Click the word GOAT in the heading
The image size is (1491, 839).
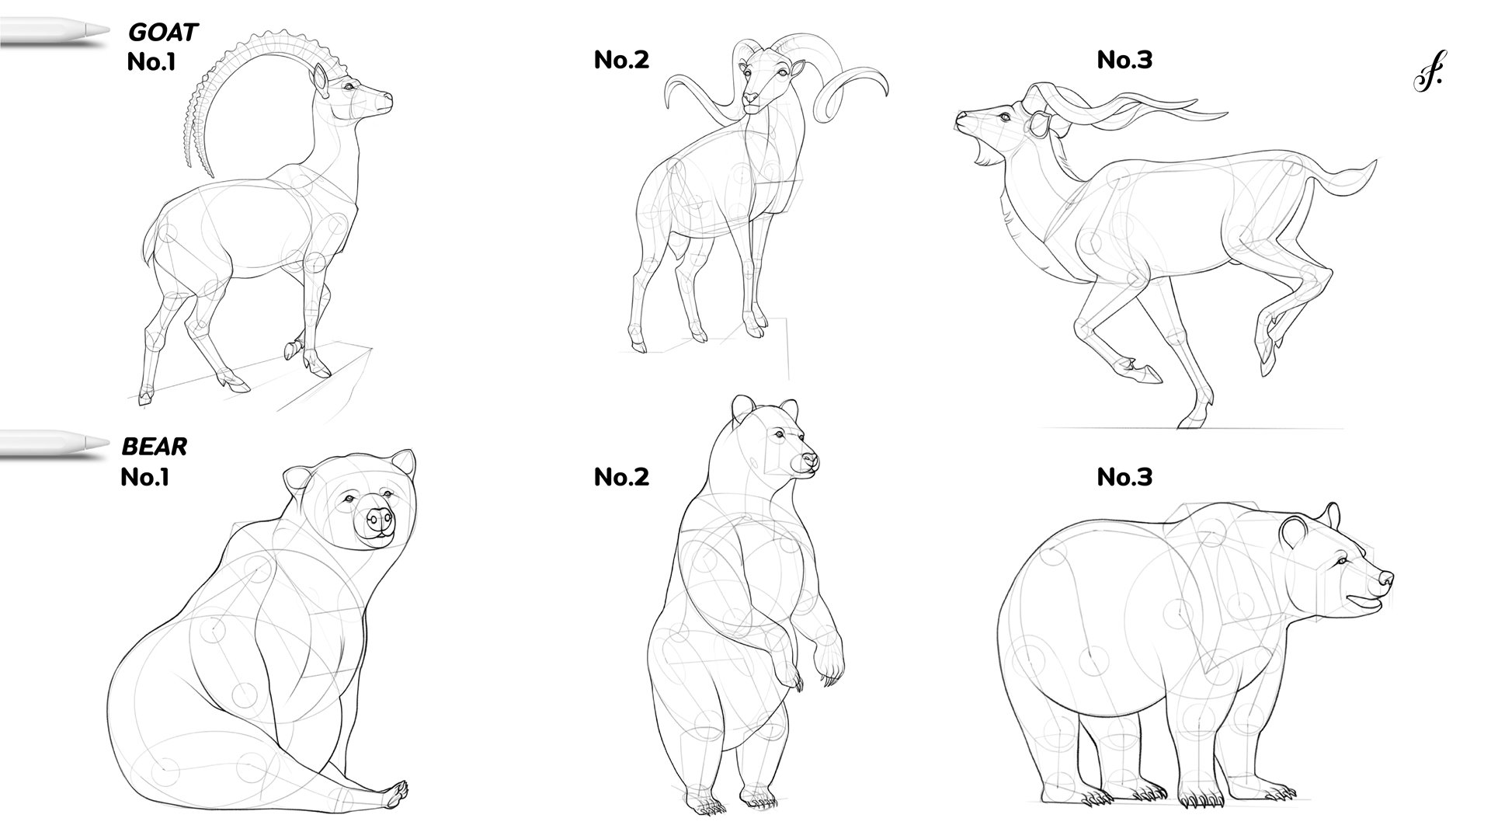[x=163, y=33]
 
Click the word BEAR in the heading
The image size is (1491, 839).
[x=155, y=447]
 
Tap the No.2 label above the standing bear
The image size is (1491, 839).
[x=621, y=476]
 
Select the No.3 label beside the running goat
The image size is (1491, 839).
[x=1124, y=59]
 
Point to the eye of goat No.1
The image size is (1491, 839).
[x=349, y=87]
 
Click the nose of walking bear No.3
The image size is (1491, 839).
[x=1385, y=579]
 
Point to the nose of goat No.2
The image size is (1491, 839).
[x=750, y=98]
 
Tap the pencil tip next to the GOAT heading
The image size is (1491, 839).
[x=97, y=29]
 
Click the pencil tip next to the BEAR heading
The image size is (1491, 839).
[x=97, y=443]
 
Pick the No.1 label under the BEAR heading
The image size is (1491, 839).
[x=144, y=476]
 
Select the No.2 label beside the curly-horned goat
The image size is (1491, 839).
[x=621, y=59]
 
